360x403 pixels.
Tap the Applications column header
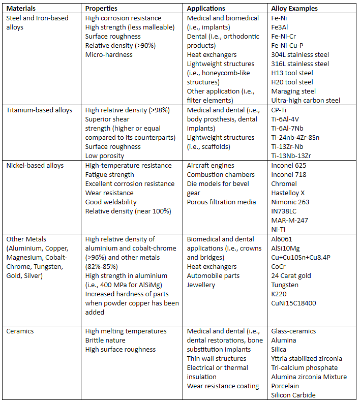[206, 9]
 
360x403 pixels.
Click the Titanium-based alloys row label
[39, 110]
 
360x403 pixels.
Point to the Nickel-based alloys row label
[35, 165]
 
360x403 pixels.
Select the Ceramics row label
[20, 331]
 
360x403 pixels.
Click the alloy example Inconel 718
[288, 174]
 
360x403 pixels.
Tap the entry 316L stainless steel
[300, 64]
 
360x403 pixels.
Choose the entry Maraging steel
[293, 91]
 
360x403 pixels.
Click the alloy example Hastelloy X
[288, 193]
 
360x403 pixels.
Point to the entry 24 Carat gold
[291, 275]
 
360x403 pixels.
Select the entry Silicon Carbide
[293, 395]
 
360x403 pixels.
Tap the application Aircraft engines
[211, 165]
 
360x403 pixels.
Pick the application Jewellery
[201, 285]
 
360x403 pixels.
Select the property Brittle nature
[105, 340]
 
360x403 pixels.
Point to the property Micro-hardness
[109, 54]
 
